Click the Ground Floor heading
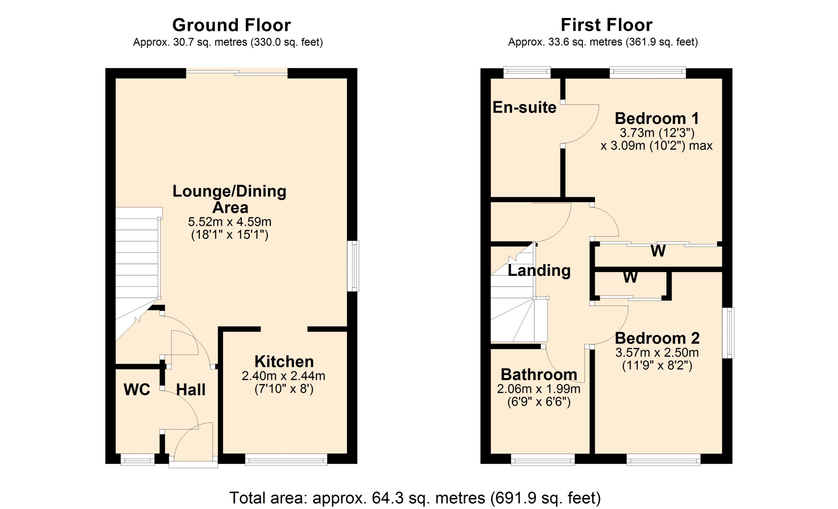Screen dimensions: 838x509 231,25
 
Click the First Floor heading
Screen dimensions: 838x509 606,25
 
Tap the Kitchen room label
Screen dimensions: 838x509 284,361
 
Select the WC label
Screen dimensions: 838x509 137,389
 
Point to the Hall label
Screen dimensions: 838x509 191,389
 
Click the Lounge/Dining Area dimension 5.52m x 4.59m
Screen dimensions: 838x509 230,222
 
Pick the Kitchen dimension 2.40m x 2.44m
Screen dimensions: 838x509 284,376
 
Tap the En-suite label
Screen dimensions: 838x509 525,107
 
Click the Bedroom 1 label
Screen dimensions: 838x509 657,118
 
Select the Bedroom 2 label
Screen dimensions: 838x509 657,338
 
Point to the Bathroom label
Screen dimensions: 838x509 539,375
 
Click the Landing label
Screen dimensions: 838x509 539,271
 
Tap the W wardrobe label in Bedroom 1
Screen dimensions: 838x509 658,251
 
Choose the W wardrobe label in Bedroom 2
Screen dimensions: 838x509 630,277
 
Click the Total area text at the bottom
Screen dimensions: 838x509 415,498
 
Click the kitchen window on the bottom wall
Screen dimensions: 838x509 286,459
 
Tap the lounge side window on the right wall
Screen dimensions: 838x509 353,266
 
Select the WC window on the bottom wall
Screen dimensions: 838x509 137,459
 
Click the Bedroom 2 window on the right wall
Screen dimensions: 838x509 728,333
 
